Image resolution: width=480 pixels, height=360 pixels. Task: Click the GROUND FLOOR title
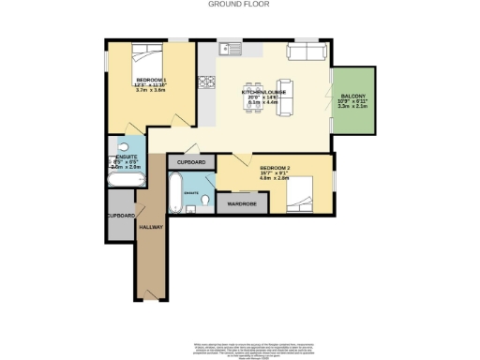coord(239,5)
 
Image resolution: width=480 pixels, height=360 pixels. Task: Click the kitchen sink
coord(226,49)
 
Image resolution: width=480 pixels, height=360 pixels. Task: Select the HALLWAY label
coord(151,228)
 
